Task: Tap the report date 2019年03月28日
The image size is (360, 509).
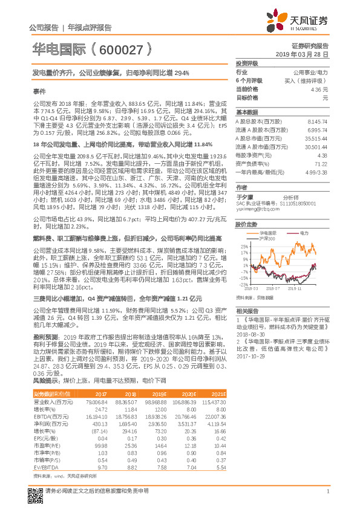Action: click(306, 54)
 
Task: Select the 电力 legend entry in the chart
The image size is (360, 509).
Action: click(303, 233)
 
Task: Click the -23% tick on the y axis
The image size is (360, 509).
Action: click(244, 284)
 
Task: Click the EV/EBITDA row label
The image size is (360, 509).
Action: click(45, 467)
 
